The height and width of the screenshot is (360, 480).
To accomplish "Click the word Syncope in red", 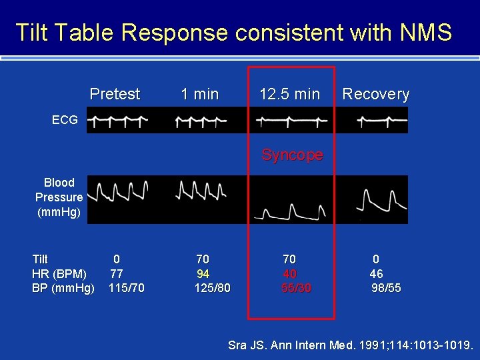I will pyautogui.click(x=292, y=155).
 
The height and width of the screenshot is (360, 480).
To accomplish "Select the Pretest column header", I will pyautogui.click(x=115, y=94).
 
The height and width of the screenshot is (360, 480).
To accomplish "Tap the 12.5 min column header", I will pyautogui.click(x=289, y=94).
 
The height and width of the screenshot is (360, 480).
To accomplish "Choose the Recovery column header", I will pyautogui.click(x=375, y=94).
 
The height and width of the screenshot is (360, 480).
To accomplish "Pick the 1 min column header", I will pyautogui.click(x=200, y=94).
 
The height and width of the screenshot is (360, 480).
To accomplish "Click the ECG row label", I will pyautogui.click(x=65, y=121).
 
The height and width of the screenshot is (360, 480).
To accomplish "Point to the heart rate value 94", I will pyautogui.click(x=203, y=273).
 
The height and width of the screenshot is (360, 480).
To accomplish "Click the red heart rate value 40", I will pyautogui.click(x=289, y=273).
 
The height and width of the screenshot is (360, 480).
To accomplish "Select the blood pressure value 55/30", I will pyautogui.click(x=296, y=288).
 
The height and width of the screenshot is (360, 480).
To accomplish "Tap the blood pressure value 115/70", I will pyautogui.click(x=126, y=288).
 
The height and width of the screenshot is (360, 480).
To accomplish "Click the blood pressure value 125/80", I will pyautogui.click(x=212, y=288).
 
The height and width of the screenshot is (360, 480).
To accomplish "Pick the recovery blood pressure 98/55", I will pyautogui.click(x=386, y=288).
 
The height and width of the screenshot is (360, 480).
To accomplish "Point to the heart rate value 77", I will pyautogui.click(x=116, y=273).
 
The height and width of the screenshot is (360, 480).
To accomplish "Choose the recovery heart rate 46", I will pyautogui.click(x=376, y=273).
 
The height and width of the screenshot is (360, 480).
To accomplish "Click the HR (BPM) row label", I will pyautogui.click(x=59, y=273).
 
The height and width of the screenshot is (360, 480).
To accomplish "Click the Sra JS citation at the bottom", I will pyautogui.click(x=351, y=345).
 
